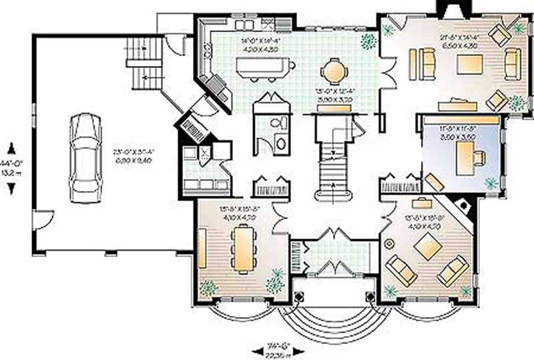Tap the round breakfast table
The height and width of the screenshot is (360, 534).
pos(334,71)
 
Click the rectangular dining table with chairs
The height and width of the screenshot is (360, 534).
pos(242,246)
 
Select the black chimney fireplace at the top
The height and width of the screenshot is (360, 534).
pos(446,7)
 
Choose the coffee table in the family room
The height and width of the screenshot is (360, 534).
pos(469,64)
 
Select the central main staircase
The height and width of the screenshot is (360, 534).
pos(333,164)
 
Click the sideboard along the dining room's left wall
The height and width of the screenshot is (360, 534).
pos(202,248)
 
